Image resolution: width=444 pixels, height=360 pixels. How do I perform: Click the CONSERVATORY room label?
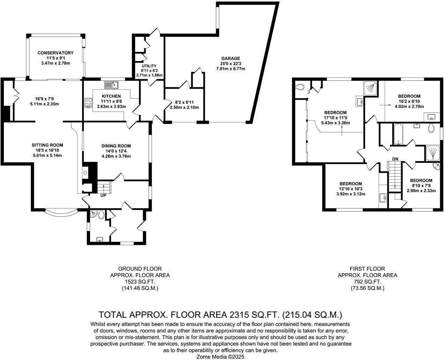[x=55, y=53]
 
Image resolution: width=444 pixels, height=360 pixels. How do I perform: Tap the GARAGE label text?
[x=230, y=58]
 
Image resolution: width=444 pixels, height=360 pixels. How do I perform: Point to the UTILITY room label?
[x=149, y=66]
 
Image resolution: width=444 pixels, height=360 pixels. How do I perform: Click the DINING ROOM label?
[x=116, y=146]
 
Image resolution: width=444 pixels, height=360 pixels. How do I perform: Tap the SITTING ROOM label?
[x=47, y=145]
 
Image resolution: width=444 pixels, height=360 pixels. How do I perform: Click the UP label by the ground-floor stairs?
[x=103, y=195]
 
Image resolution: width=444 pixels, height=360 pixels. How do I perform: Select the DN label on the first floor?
[x=395, y=159]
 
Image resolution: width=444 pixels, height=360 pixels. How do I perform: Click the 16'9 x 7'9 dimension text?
[x=44, y=99]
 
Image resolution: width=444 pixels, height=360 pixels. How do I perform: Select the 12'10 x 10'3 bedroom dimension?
[x=350, y=189]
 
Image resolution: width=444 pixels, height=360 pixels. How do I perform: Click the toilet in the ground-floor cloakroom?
[x=101, y=215]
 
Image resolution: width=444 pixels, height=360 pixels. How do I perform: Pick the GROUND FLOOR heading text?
[x=140, y=269]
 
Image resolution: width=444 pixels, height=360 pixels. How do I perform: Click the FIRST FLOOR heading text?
[x=367, y=269]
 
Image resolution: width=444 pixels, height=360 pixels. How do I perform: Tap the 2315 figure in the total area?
[x=239, y=315]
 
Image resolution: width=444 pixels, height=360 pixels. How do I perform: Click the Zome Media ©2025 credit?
[x=220, y=357]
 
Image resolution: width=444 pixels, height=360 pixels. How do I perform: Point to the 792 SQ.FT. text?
[x=367, y=282]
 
